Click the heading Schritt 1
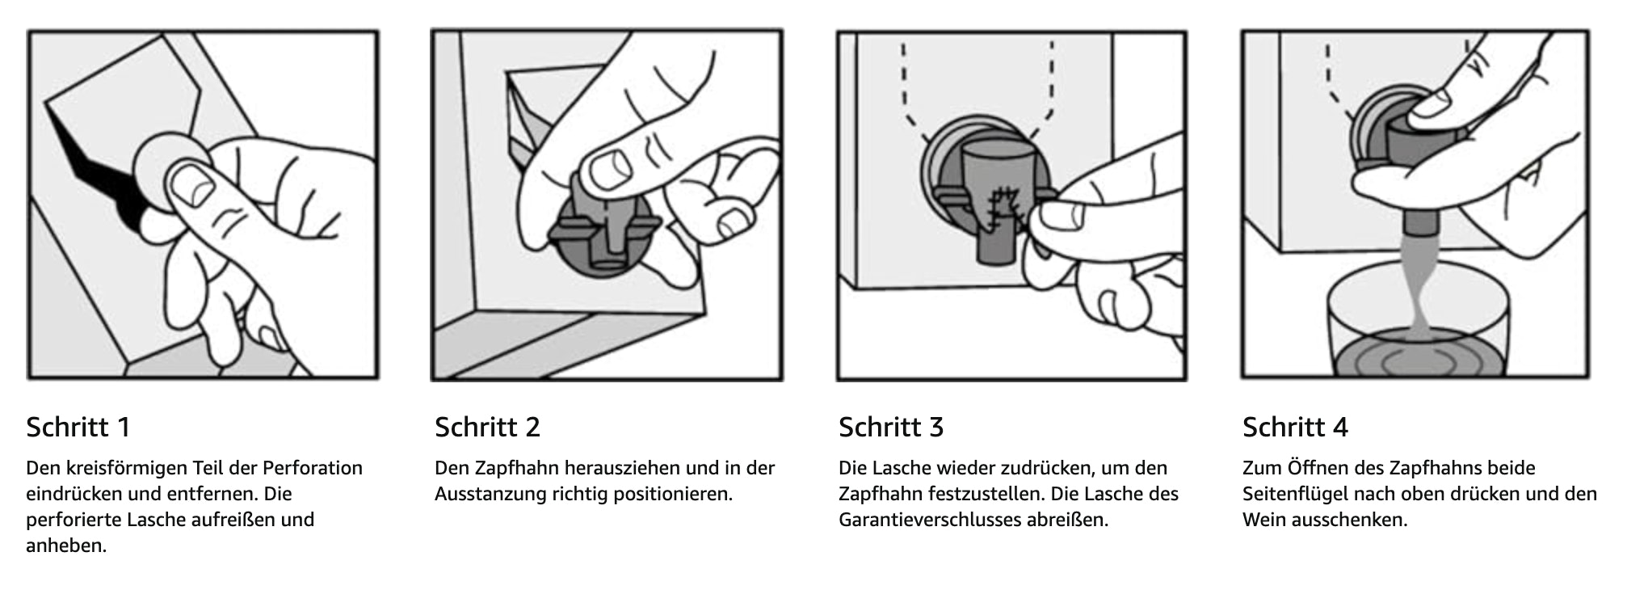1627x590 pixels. coord(78,427)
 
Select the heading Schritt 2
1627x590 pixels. coord(487,427)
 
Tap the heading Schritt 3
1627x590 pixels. coord(891,427)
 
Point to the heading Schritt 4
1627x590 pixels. coord(1296,427)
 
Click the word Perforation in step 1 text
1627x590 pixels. coord(313,468)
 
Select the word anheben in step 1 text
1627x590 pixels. coord(66,546)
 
